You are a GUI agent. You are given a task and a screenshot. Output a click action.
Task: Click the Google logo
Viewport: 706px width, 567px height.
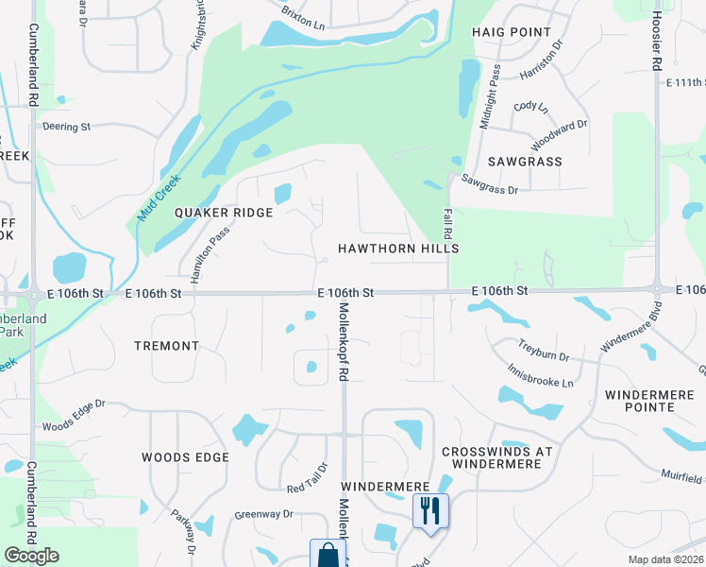(x=31, y=556)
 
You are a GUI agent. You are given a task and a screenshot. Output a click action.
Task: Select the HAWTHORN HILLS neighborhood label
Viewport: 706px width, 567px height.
(x=398, y=249)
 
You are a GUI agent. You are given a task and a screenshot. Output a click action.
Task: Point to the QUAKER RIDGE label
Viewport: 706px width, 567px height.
(x=224, y=213)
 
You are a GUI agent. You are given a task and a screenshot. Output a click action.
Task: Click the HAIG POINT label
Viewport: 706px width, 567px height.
(x=511, y=32)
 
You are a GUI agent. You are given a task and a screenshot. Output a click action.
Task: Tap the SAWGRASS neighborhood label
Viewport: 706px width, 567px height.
(x=525, y=162)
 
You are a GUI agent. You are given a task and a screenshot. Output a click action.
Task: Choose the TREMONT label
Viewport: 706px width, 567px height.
(x=166, y=347)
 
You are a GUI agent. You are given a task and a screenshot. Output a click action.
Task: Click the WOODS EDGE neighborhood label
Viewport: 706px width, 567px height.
(x=185, y=457)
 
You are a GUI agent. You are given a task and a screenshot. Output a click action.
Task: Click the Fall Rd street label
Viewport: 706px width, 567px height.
(x=447, y=223)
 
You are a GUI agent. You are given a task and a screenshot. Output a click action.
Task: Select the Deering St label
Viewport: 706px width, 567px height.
(x=65, y=126)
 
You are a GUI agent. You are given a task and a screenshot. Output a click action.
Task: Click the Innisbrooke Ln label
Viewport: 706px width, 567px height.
(x=540, y=377)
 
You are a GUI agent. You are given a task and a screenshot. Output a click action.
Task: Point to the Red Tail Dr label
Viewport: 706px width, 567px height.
(x=308, y=477)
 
